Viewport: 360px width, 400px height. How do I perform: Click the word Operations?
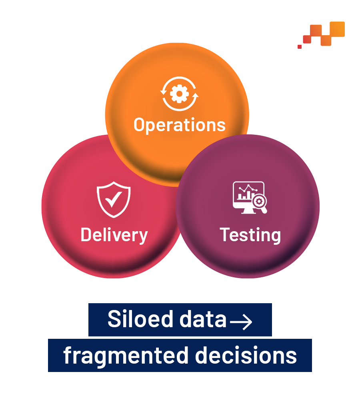[180, 125]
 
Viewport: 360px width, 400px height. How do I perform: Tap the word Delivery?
[114, 235]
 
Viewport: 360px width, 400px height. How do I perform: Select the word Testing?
[250, 235]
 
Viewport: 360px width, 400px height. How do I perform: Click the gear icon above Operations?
[179, 94]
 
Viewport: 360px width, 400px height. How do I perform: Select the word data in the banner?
[203, 319]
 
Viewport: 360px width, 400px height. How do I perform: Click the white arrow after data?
[241, 322]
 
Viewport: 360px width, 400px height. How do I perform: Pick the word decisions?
[246, 355]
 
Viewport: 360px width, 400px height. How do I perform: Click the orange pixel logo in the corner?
[321, 35]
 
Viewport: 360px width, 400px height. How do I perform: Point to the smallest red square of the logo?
[300, 47]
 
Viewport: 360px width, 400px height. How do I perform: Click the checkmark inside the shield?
[114, 199]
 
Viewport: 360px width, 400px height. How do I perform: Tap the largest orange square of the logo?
[337, 29]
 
